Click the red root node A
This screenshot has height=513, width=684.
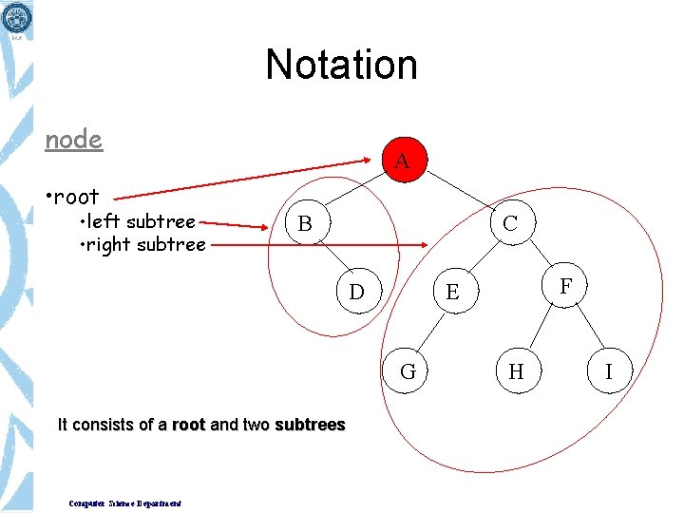click(x=402, y=161)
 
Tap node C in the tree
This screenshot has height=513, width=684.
click(x=510, y=224)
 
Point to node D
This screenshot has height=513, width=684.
click(x=356, y=291)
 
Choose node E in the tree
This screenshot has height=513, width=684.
click(x=452, y=293)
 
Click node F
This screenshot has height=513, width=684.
click(x=566, y=286)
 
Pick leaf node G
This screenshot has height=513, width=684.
click(x=408, y=371)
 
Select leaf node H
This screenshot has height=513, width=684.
click(x=516, y=371)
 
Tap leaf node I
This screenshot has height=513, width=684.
click(x=609, y=371)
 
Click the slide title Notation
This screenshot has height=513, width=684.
click(x=342, y=65)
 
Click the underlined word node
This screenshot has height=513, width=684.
click(x=74, y=140)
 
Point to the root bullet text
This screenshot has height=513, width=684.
click(x=72, y=197)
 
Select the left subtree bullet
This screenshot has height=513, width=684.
click(x=139, y=221)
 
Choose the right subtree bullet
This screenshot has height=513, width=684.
click(x=142, y=244)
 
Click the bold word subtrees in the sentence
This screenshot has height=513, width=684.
click(x=310, y=425)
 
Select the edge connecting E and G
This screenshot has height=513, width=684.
click(x=430, y=332)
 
